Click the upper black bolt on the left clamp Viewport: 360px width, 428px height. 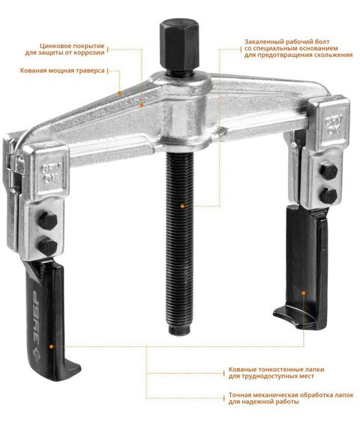click(48, 220)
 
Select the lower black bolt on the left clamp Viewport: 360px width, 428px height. click(48, 246)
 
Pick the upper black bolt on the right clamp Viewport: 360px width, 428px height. click(329, 171)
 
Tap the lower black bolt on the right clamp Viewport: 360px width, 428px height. click(328, 195)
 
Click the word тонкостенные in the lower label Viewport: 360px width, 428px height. click(276, 369)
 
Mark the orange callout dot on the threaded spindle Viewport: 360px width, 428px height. click(183, 206)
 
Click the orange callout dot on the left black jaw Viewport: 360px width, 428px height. click(51, 346)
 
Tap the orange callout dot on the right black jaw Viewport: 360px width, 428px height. click(304, 293)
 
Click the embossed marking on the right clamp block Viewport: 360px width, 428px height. click(334, 125)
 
